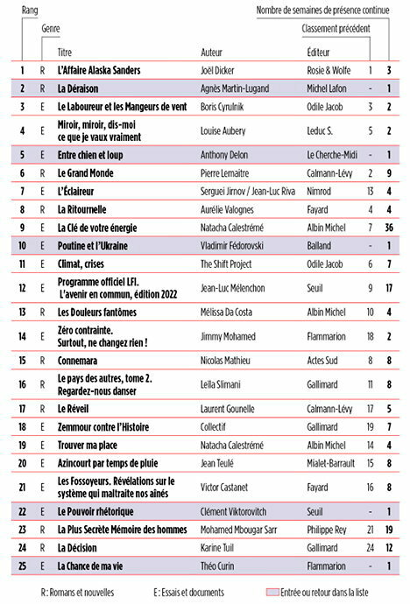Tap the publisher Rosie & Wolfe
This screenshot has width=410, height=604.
point(328,68)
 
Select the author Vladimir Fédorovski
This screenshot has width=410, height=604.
point(236,245)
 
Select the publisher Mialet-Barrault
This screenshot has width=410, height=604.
point(331,462)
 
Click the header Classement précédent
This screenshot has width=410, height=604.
point(336,29)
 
